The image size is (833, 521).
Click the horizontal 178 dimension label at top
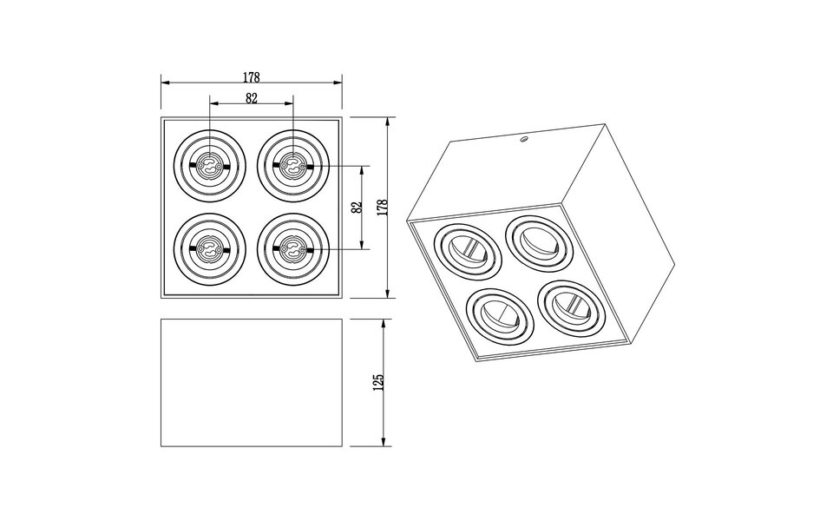(251, 77)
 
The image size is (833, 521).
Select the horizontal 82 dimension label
(251, 98)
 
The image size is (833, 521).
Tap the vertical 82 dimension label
(357, 207)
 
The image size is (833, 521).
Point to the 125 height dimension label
(380, 382)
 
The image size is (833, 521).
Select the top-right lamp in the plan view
(293, 163)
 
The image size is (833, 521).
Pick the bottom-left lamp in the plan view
(209, 249)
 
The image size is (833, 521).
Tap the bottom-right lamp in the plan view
(293, 249)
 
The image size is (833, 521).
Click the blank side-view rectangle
(251, 383)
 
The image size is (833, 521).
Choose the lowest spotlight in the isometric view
(499, 315)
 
